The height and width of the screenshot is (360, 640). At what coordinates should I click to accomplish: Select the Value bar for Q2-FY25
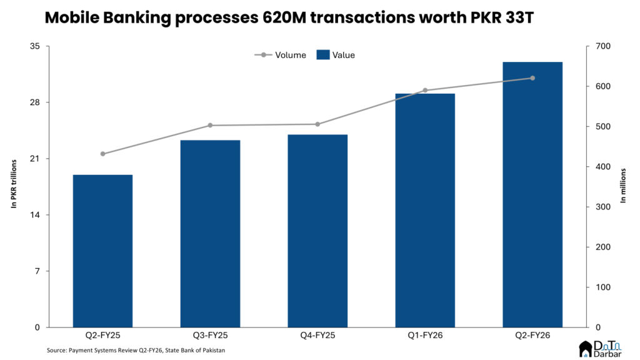point(102,251)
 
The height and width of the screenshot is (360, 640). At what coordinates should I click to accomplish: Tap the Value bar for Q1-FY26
point(425,210)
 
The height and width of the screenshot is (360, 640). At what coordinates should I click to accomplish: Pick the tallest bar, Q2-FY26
point(532,194)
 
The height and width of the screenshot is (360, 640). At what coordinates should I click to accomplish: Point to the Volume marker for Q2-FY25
point(102,154)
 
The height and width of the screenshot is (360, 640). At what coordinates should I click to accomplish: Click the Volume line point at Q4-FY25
point(317,124)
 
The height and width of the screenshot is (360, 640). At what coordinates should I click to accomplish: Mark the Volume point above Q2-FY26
point(532,78)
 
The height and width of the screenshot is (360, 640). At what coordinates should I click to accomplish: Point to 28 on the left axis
point(35,102)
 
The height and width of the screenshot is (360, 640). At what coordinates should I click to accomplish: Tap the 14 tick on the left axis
point(35,215)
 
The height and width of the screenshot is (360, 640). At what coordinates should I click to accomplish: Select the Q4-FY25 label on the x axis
point(317,336)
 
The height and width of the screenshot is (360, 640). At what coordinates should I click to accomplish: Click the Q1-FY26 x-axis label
point(425,336)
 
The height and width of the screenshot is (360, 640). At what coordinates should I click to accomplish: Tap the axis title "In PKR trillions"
point(13,186)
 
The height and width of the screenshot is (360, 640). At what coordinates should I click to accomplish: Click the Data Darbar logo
point(603,348)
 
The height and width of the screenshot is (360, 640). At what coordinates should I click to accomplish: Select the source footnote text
point(136,351)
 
